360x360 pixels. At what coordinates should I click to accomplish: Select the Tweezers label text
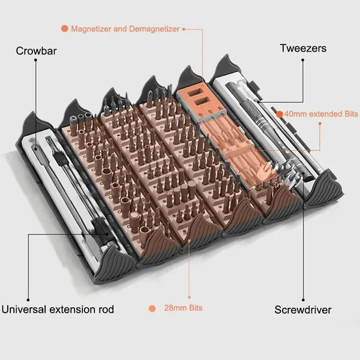coord(303,48)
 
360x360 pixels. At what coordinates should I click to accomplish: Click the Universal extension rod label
coord(58,310)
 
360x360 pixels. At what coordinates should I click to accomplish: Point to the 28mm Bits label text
coord(182,308)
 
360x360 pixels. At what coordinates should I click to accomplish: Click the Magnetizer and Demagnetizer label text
coord(125,28)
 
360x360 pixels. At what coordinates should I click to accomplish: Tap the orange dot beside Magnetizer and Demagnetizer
coord(64,28)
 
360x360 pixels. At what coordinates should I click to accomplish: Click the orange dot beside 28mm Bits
coord(152,308)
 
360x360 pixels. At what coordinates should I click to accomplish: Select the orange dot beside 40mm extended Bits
coord(280,113)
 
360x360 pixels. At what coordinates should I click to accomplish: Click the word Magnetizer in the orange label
coord(88,28)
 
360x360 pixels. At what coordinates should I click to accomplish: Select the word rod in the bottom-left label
coord(106,310)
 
